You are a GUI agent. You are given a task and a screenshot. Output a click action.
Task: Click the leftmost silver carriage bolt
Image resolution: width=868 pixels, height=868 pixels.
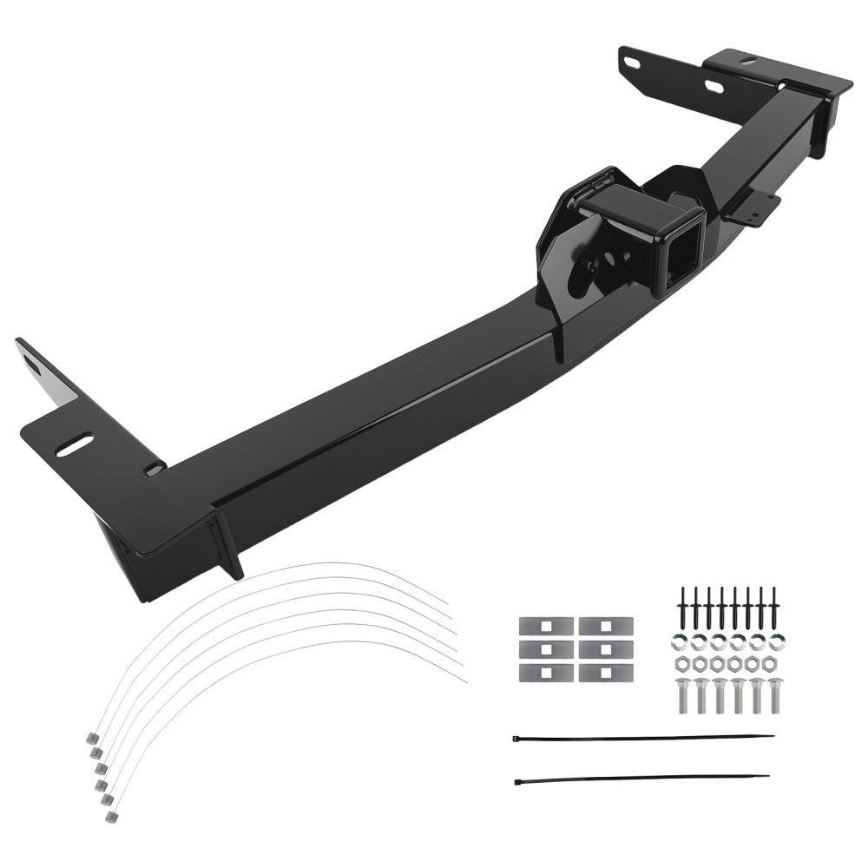pos(682,694)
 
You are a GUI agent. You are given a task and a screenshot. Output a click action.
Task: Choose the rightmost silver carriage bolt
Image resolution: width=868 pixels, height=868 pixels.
pos(775,694)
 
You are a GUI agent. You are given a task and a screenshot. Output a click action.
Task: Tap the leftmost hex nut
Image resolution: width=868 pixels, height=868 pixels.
pos(682,665)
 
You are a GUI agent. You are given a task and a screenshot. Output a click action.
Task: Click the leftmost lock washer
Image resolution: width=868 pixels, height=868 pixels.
pos(682,643)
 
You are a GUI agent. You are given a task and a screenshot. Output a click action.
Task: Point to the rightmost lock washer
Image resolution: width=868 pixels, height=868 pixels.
pos(775,643)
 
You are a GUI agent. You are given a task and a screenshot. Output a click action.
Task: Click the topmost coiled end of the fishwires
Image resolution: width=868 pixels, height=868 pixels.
pos(91,737)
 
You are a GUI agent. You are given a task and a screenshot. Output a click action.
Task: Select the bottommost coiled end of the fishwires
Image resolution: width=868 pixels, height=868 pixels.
pos(110,817)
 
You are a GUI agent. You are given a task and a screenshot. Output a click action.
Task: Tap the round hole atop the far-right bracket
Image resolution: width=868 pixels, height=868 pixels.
pos(746,61)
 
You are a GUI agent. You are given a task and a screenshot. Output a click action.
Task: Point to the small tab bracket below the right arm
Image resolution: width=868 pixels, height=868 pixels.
pos(753,208)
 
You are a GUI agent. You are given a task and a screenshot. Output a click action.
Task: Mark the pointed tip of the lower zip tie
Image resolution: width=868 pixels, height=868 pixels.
pos(768,776)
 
